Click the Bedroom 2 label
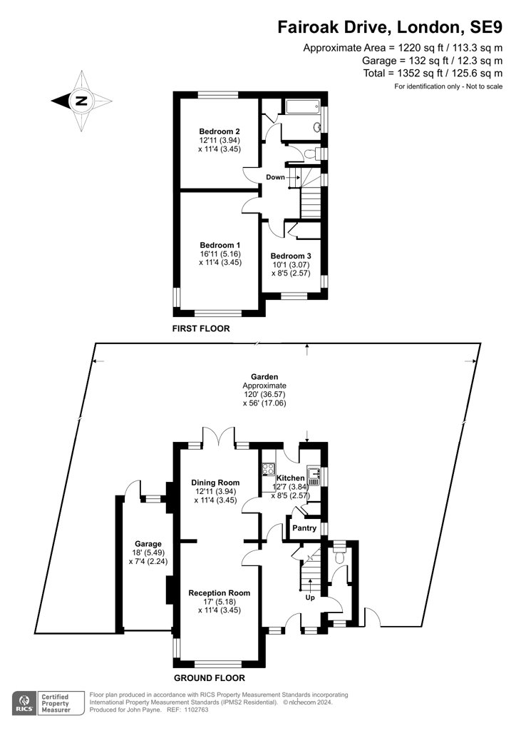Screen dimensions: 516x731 pyautogui.click(x=219, y=131)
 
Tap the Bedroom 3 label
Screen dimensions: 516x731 pyautogui.click(x=291, y=256)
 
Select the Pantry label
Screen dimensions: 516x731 pyautogui.click(x=304, y=528)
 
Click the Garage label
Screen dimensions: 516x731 pyautogui.click(x=148, y=543)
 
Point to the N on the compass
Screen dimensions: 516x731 pyautogui.click(x=81, y=101)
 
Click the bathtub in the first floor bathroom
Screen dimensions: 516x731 pyautogui.click(x=302, y=107)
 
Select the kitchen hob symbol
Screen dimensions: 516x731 pyautogui.click(x=269, y=469)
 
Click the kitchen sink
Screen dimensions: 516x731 pyautogui.click(x=314, y=476)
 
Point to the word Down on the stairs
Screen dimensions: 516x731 pyautogui.click(x=275, y=177)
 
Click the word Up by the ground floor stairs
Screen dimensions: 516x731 pyautogui.click(x=310, y=598)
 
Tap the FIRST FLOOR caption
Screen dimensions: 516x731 pyautogui.click(x=201, y=328)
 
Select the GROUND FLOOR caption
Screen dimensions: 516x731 pyautogui.click(x=210, y=678)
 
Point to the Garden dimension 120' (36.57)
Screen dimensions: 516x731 pyautogui.click(x=264, y=394)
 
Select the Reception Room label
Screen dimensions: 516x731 pyautogui.click(x=219, y=593)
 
